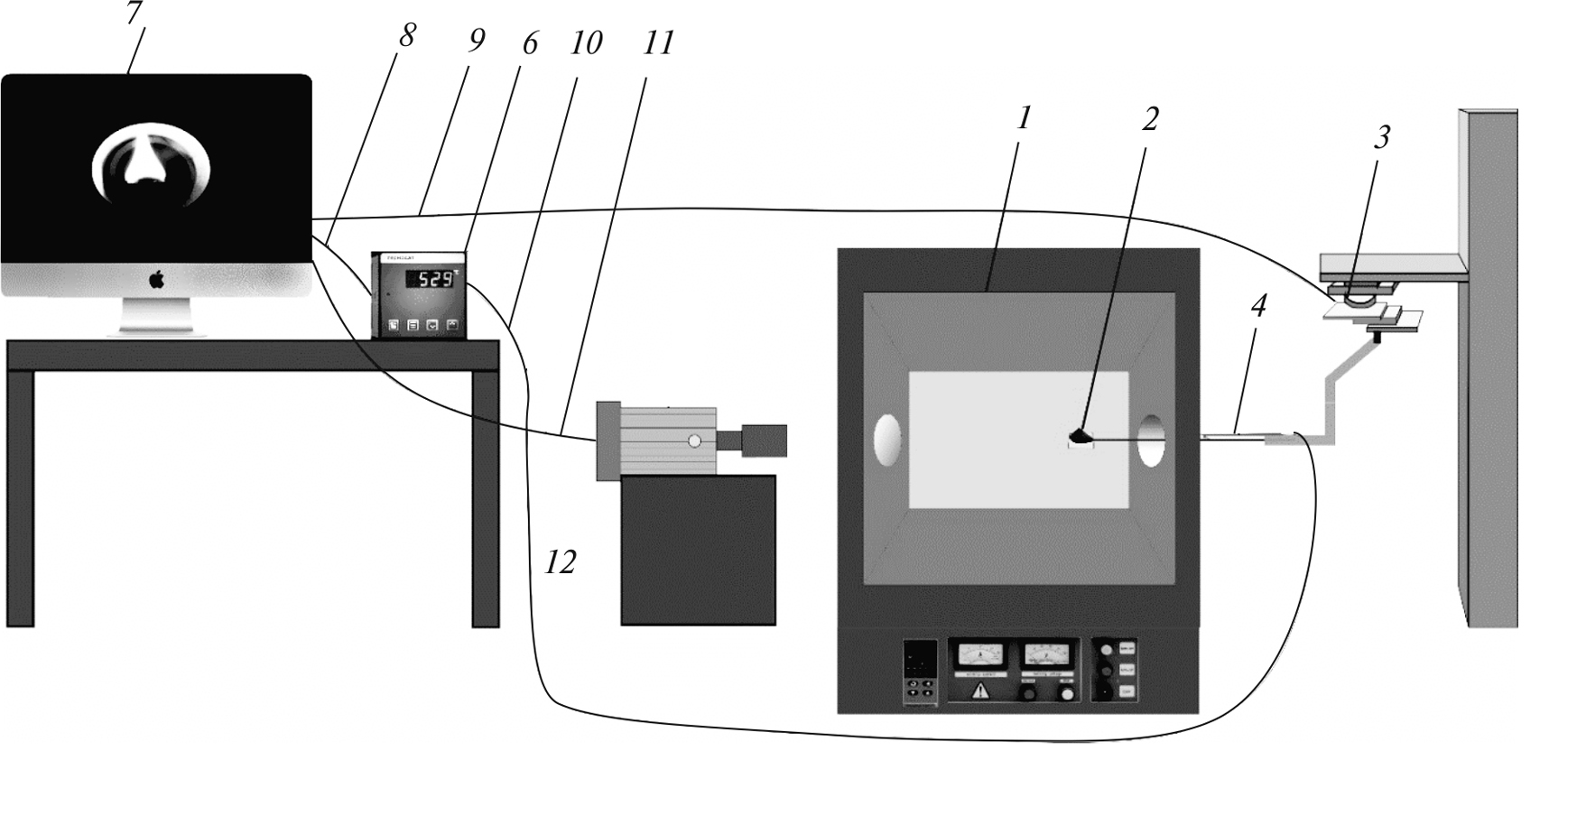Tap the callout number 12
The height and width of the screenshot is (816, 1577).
560,563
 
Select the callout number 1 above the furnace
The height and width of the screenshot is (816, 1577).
1023,118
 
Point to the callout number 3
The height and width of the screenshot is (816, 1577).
1381,137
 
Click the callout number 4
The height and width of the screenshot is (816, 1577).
1258,307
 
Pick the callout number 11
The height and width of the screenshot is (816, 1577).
658,42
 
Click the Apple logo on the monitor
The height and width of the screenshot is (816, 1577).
156,279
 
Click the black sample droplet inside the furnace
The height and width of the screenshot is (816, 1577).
1081,438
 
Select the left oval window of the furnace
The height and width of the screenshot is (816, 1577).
887,440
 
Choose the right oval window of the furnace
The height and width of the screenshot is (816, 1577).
1151,440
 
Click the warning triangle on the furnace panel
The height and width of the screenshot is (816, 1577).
979,693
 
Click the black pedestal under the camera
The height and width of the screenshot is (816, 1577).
698,550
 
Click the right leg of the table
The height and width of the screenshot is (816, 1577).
486,496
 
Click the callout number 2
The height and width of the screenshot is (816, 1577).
1149,118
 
